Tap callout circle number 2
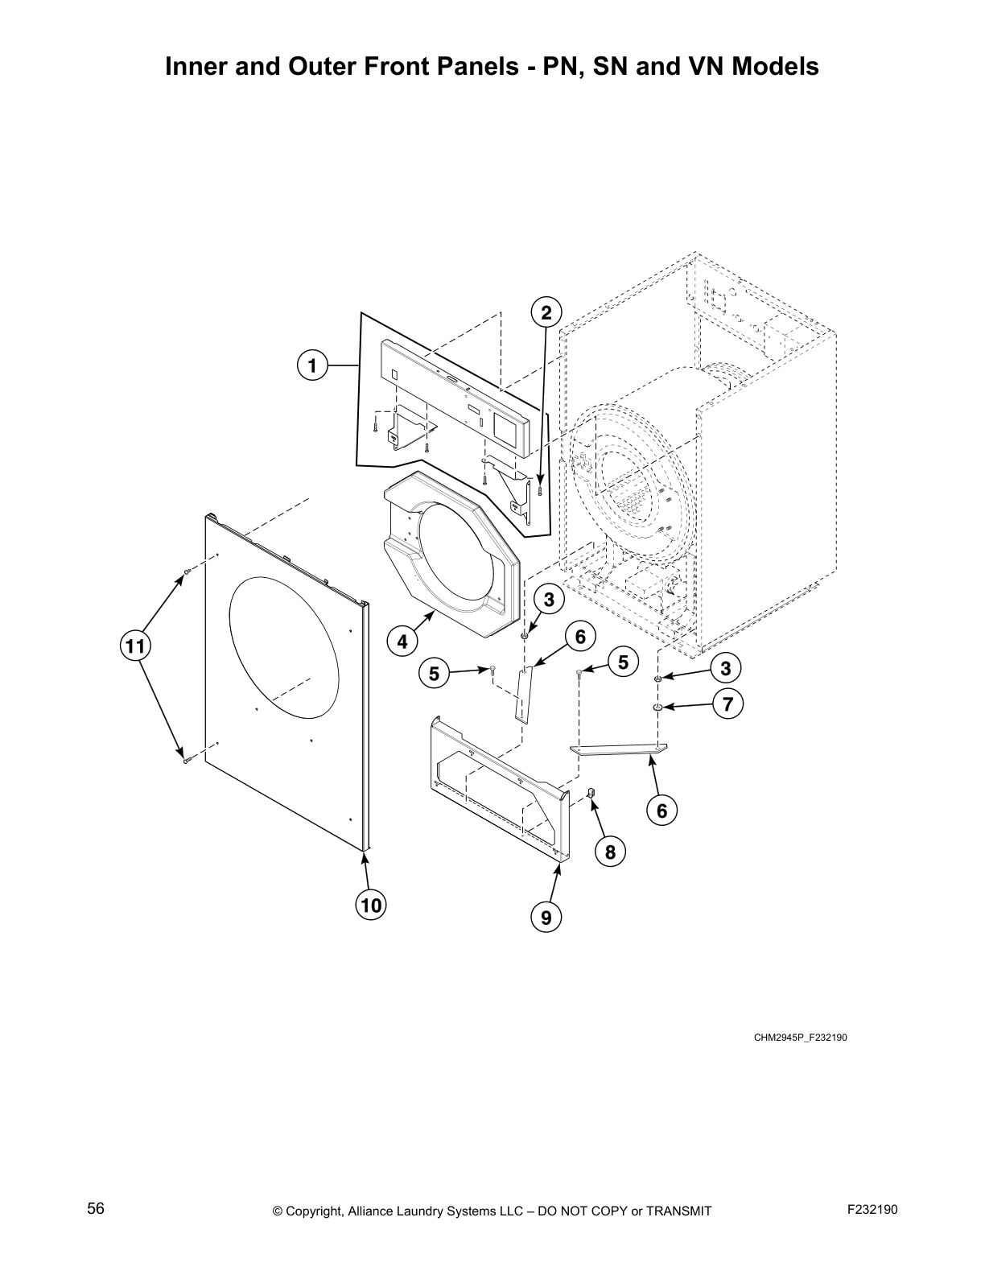tap(546, 312)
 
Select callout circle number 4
tap(402, 642)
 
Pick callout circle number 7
tap(727, 704)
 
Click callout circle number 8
tap(610, 852)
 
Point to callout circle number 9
tap(546, 916)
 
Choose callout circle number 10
tap(370, 905)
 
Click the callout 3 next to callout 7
tap(726, 668)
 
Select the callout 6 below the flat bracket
tap(661, 811)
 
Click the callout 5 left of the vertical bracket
tap(435, 672)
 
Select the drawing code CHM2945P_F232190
tap(800, 1037)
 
